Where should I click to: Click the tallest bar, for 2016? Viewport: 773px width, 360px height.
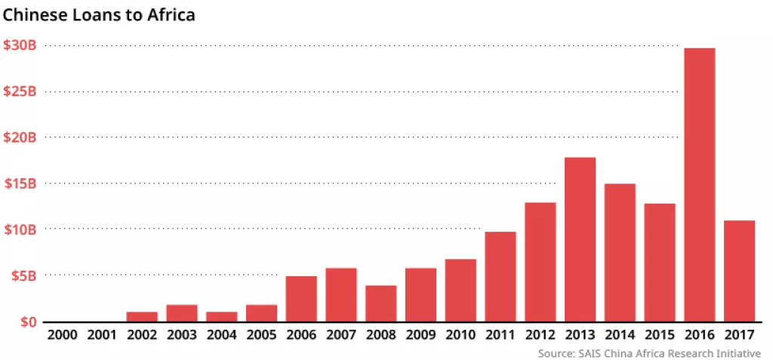[699, 185]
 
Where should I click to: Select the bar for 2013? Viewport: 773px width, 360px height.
[580, 239]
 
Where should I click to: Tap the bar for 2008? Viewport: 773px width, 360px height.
[381, 303]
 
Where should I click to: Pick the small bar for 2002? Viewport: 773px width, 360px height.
[142, 316]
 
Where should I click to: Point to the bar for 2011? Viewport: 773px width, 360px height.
[500, 276]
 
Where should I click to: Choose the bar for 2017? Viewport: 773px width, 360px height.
[739, 271]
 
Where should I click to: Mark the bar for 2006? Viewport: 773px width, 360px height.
[301, 299]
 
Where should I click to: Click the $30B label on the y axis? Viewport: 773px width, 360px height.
[20, 45]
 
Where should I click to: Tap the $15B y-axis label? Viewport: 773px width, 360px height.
[20, 183]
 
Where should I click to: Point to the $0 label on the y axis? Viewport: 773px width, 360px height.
[29, 322]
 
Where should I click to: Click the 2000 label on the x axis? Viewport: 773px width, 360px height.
[63, 335]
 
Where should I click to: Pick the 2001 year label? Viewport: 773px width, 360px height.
[103, 335]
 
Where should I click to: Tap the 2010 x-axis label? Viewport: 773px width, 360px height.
[460, 335]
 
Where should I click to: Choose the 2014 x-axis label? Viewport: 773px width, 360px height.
[620, 335]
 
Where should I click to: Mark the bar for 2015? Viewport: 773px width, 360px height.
[660, 263]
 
